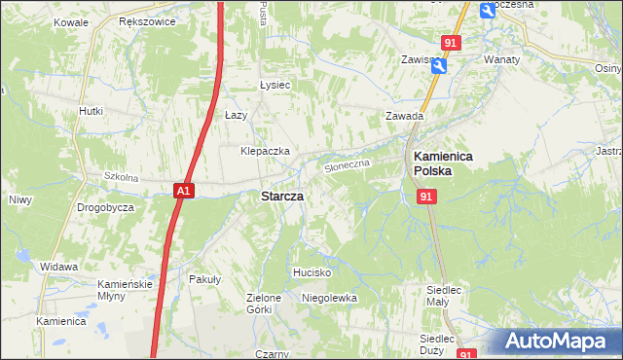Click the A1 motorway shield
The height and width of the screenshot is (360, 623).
pos(185,192)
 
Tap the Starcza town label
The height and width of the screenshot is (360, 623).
pos(281,196)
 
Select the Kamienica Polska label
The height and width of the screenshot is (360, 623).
pos(443,162)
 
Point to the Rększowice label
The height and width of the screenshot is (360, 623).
pos(145,20)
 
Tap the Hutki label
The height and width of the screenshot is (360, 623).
pos(91,111)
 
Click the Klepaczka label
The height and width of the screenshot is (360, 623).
pos(266,152)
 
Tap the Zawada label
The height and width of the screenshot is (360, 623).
pos(404,116)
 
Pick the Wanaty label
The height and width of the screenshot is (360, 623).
pos(502,59)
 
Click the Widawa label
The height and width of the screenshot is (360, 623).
pos(59,266)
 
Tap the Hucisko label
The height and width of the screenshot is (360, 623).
pos(313,272)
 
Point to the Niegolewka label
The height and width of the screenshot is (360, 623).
pos(330,298)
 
